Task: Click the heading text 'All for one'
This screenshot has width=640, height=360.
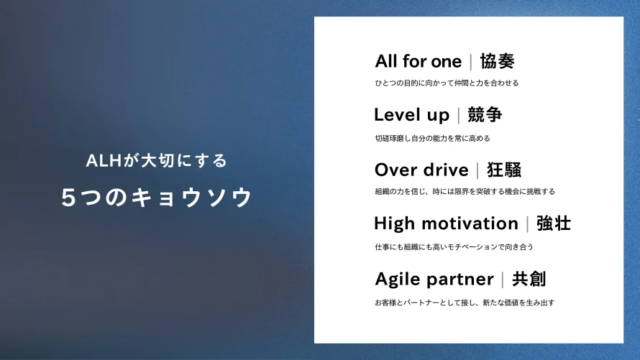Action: [419, 61]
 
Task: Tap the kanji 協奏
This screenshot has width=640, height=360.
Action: [497, 61]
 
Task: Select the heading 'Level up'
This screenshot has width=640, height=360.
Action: [411, 115]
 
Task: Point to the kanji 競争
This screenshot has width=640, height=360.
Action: [485, 114]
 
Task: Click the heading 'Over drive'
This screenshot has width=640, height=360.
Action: [421, 170]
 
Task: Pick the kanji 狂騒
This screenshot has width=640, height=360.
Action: [504, 170]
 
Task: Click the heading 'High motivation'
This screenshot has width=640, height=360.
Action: [446, 223]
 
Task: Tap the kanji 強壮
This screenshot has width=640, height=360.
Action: [554, 223]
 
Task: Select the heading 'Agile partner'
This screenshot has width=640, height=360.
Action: [434, 280]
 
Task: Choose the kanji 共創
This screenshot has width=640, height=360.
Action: [529, 279]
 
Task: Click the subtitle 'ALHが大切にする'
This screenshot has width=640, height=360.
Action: [156, 160]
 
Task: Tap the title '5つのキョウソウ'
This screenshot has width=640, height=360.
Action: [157, 197]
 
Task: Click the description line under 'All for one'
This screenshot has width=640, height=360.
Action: [447, 83]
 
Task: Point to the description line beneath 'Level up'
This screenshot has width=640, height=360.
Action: [432, 138]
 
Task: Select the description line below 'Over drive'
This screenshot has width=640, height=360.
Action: [465, 191]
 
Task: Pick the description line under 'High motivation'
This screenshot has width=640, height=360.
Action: [454, 246]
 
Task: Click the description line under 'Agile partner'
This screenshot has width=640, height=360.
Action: [465, 303]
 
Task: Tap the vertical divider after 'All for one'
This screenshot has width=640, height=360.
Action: [471, 62]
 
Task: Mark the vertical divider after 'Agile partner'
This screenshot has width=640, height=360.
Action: [503, 280]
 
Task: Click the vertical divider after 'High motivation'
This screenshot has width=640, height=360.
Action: [527, 224]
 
